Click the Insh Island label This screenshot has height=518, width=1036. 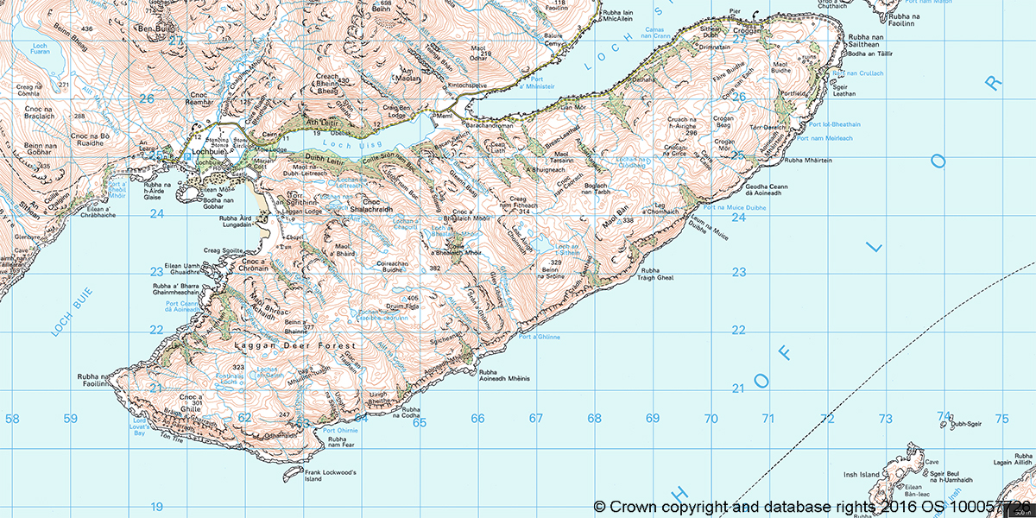click(x=860, y=475)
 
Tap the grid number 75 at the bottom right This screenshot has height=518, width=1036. click(x=1001, y=419)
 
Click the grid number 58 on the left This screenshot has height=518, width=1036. click(x=12, y=419)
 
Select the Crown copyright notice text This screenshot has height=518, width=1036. click(x=812, y=505)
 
